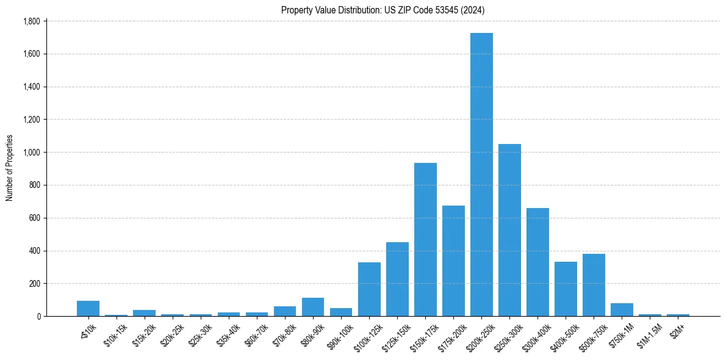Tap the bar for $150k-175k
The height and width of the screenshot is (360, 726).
[x=425, y=239]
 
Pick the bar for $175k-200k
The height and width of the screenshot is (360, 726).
[x=453, y=261]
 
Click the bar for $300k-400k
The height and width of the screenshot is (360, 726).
[x=537, y=262]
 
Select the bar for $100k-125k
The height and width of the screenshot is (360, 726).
[x=369, y=289]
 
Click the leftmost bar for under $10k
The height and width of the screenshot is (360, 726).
[x=88, y=308]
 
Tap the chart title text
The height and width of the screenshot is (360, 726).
[x=383, y=10]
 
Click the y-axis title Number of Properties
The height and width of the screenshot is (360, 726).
[x=10, y=168]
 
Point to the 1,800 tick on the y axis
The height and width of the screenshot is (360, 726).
[x=31, y=21]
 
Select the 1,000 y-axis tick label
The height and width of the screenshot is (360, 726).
[x=31, y=153]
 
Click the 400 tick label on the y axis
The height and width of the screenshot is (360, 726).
[x=34, y=251]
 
